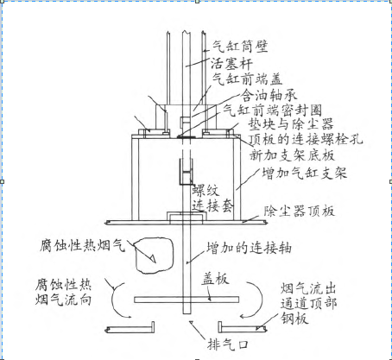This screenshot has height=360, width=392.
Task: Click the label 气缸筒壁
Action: click(240, 47)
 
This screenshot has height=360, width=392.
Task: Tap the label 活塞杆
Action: click(231, 64)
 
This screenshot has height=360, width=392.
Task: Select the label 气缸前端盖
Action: click(247, 79)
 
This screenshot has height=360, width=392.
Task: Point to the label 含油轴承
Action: click(269, 95)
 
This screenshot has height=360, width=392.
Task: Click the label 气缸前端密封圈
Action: click(272, 111)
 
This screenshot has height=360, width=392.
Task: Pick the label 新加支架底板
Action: click(292, 155)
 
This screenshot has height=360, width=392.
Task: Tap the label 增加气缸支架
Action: click(304, 174)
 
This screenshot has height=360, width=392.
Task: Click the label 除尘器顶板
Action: click(299, 212)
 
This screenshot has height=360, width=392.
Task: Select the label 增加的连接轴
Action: click(249, 248)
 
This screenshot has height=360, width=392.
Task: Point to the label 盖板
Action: click(215, 279)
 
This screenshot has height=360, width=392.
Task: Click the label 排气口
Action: click(228, 344)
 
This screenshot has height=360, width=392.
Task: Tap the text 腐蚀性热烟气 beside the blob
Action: click(83, 245)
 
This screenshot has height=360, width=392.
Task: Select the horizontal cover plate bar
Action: click(187, 300)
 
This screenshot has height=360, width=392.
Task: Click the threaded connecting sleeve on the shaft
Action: click(186, 172)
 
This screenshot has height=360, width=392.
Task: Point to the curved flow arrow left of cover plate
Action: click(113, 300)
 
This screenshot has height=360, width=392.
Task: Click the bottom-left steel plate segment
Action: click(130, 329)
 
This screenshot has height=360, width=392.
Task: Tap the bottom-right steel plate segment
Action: click(243, 329)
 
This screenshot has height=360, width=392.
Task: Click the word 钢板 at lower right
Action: click(294, 319)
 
